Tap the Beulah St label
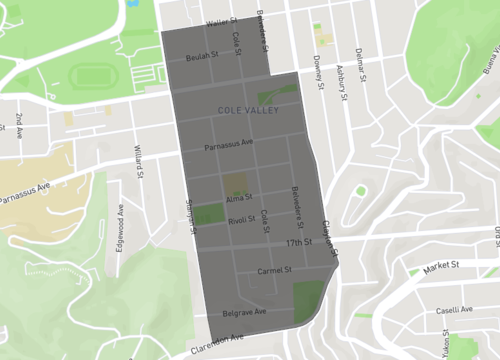point(200,57)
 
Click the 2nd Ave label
point(19,126)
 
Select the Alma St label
point(240,198)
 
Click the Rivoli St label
point(241,221)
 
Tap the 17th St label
point(299,243)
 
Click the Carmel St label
point(273,270)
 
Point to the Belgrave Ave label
point(244,312)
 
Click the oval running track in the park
point(92,76)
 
